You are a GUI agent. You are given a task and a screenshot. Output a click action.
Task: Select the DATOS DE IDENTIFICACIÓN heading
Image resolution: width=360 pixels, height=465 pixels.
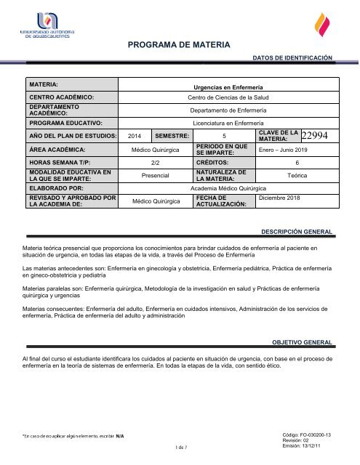(x=292, y=56)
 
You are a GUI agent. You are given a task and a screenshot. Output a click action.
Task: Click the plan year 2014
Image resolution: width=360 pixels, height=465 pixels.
(x=135, y=136)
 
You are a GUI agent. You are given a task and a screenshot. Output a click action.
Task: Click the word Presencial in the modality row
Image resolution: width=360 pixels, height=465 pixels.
(x=155, y=176)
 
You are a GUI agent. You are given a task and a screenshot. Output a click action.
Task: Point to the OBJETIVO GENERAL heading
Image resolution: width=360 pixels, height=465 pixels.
(x=303, y=341)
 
